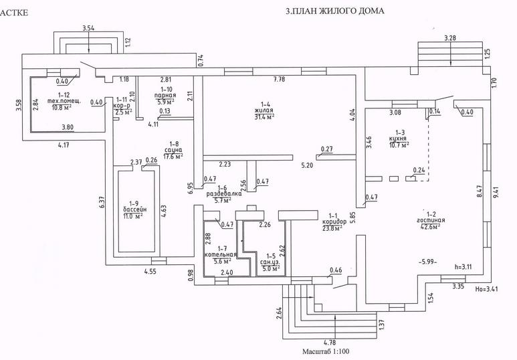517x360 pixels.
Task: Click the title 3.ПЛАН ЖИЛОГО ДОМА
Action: [x=335, y=11]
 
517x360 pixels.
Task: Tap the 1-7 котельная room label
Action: [x=220, y=254]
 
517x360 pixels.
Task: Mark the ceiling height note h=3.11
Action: [x=464, y=266]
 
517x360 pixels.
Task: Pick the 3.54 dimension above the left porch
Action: [x=90, y=28]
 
